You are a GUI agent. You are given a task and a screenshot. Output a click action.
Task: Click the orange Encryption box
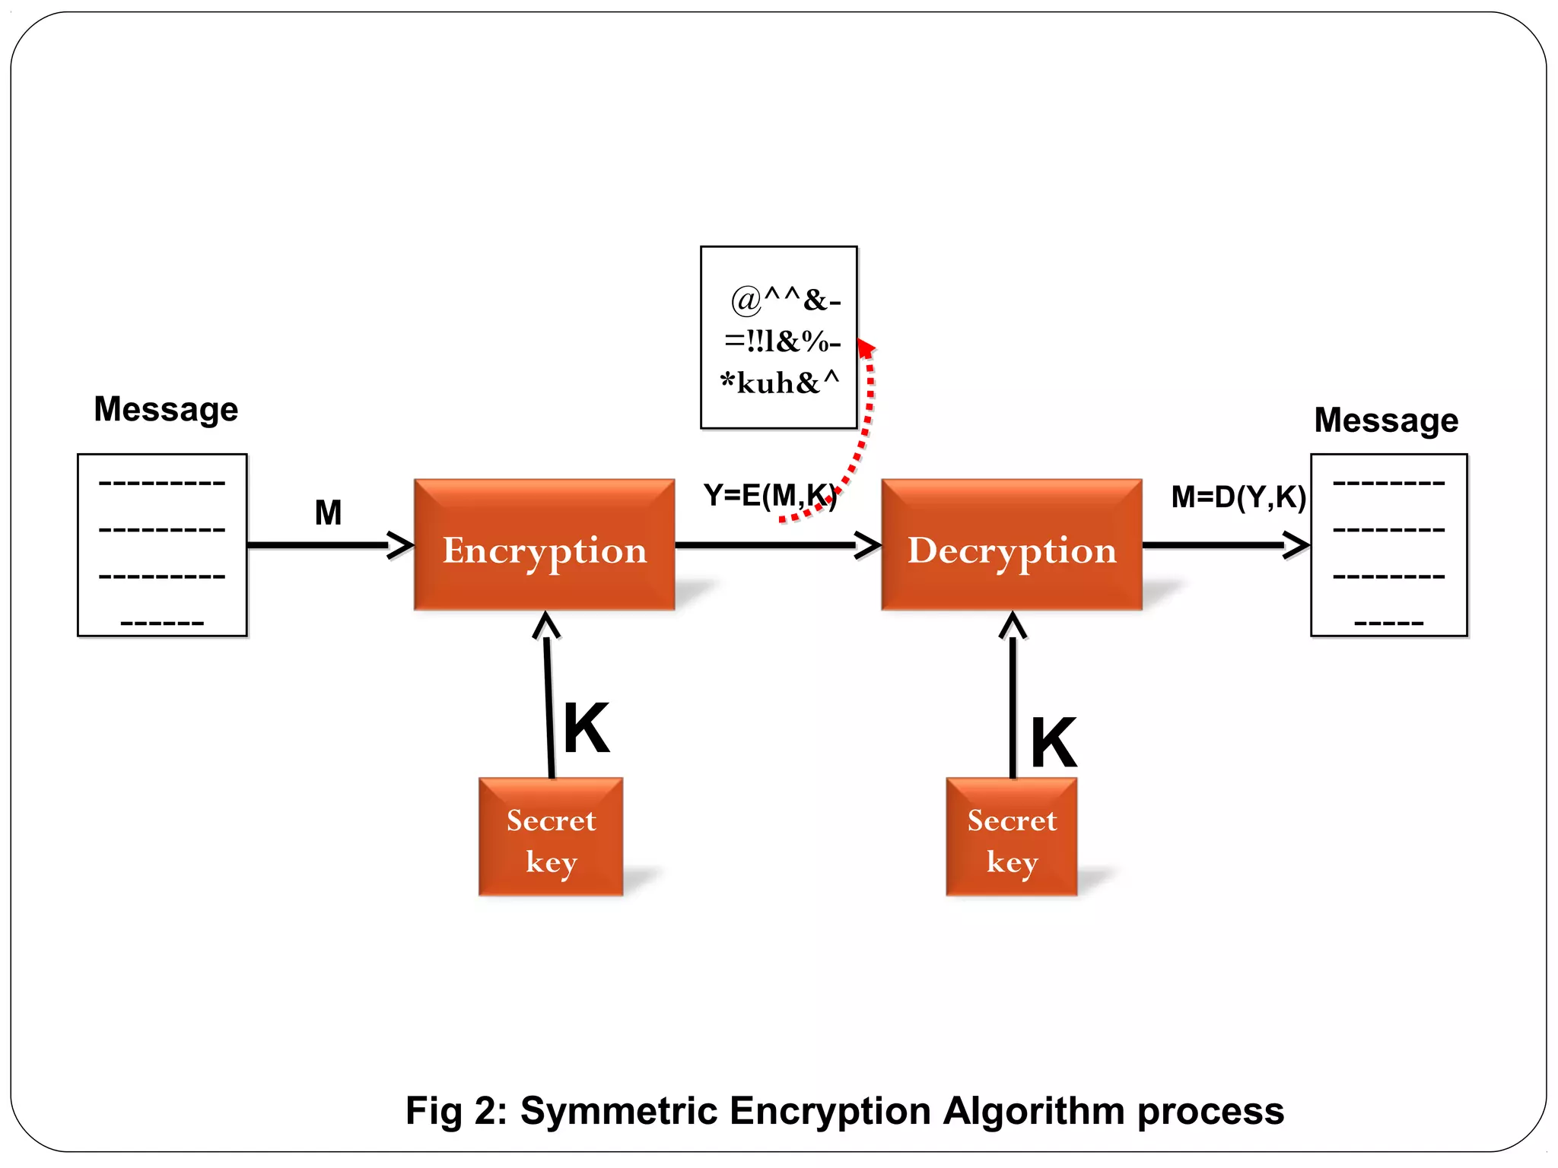(x=544, y=544)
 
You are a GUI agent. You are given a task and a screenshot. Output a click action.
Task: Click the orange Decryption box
(x=1012, y=544)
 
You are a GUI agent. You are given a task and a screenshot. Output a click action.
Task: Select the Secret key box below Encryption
(x=551, y=836)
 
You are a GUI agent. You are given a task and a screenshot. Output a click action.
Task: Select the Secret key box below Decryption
(x=1012, y=836)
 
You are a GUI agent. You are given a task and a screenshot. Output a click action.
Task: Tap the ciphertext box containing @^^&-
(x=778, y=337)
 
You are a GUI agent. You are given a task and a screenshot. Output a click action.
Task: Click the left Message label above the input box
(x=166, y=409)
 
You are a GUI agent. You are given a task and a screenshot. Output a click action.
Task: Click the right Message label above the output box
(x=1386, y=420)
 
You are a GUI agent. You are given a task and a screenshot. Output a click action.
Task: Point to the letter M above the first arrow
(x=328, y=513)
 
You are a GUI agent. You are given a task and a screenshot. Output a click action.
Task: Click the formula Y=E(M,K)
(x=770, y=496)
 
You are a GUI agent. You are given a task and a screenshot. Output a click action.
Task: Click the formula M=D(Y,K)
(x=1238, y=497)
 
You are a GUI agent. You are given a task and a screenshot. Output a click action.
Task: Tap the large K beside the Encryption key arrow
(x=587, y=728)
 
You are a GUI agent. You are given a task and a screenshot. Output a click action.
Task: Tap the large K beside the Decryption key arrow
(x=1054, y=743)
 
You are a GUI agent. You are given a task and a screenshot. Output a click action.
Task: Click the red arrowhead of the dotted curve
(x=866, y=348)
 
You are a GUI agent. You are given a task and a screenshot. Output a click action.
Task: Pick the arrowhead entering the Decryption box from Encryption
(x=869, y=545)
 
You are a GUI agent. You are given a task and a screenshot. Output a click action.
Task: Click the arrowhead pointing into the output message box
(x=1297, y=545)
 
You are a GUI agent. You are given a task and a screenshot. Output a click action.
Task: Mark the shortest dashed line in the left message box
(x=162, y=624)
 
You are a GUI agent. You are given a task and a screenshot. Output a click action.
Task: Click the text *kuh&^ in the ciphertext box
(x=780, y=382)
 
